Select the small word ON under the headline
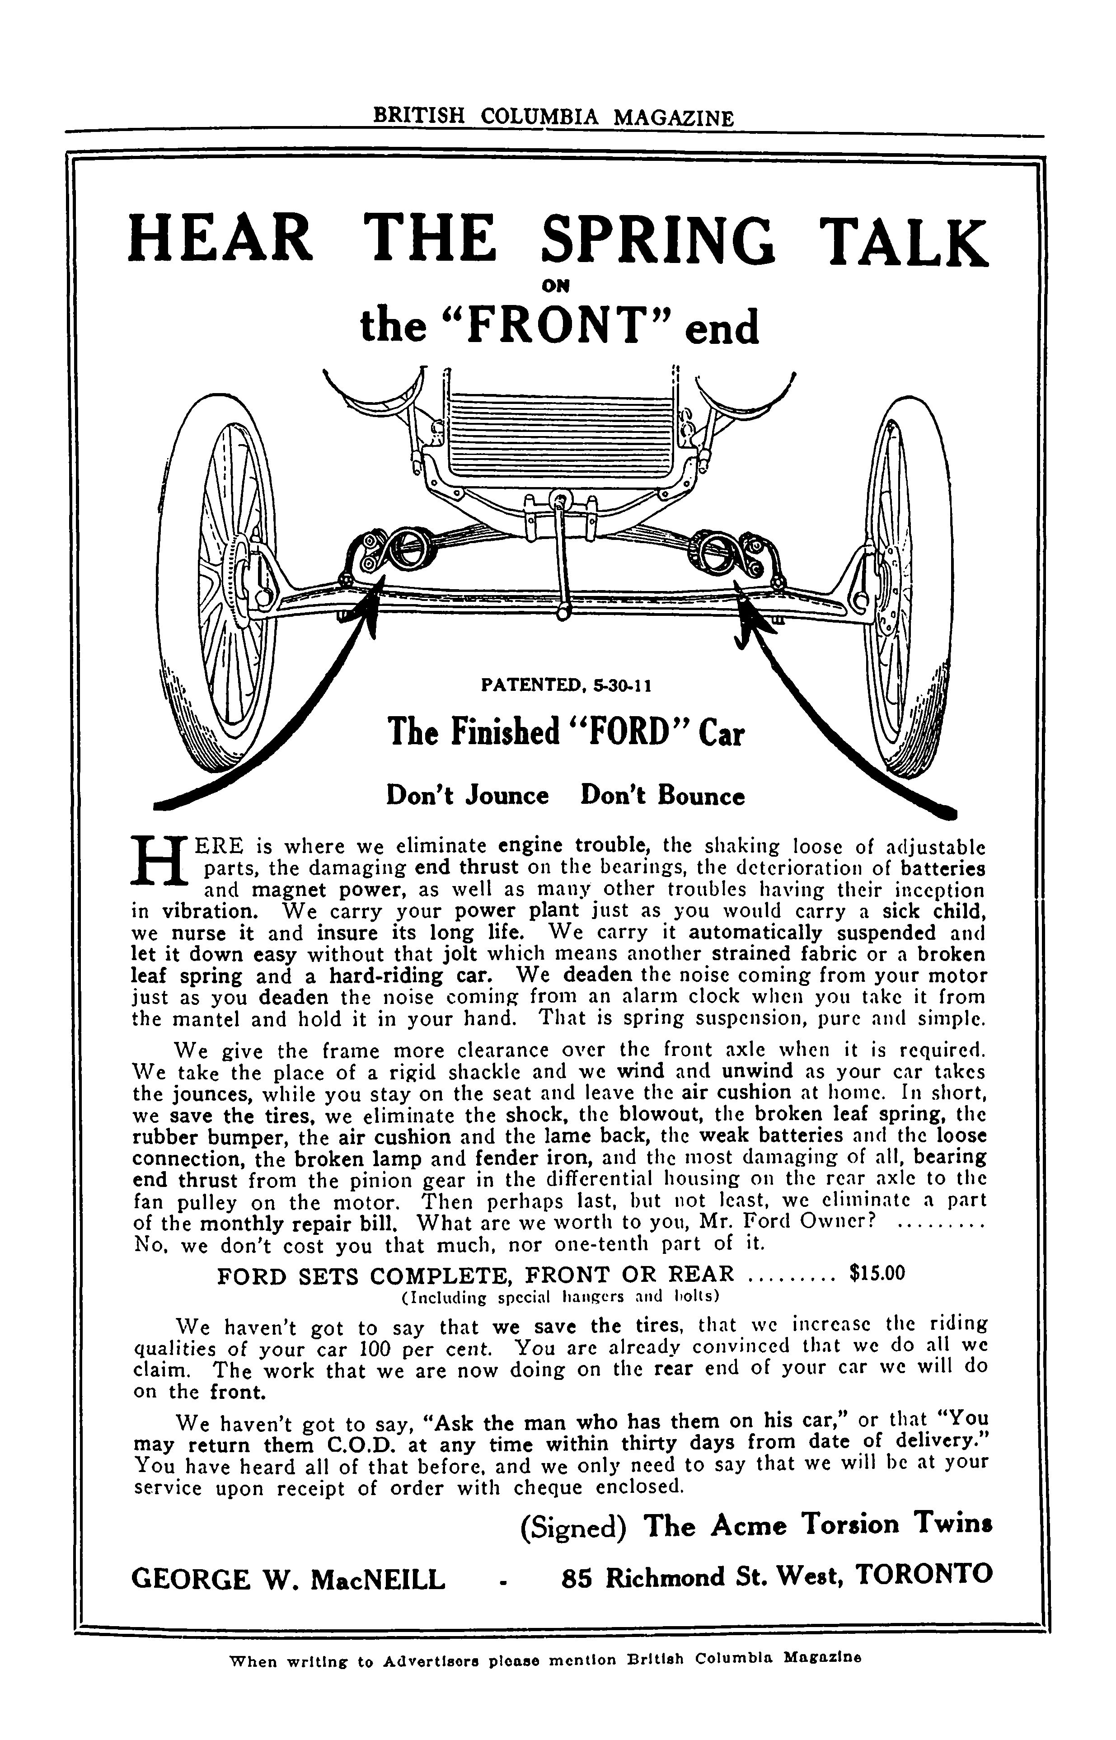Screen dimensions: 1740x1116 557,286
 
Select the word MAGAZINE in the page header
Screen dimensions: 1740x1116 672,118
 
